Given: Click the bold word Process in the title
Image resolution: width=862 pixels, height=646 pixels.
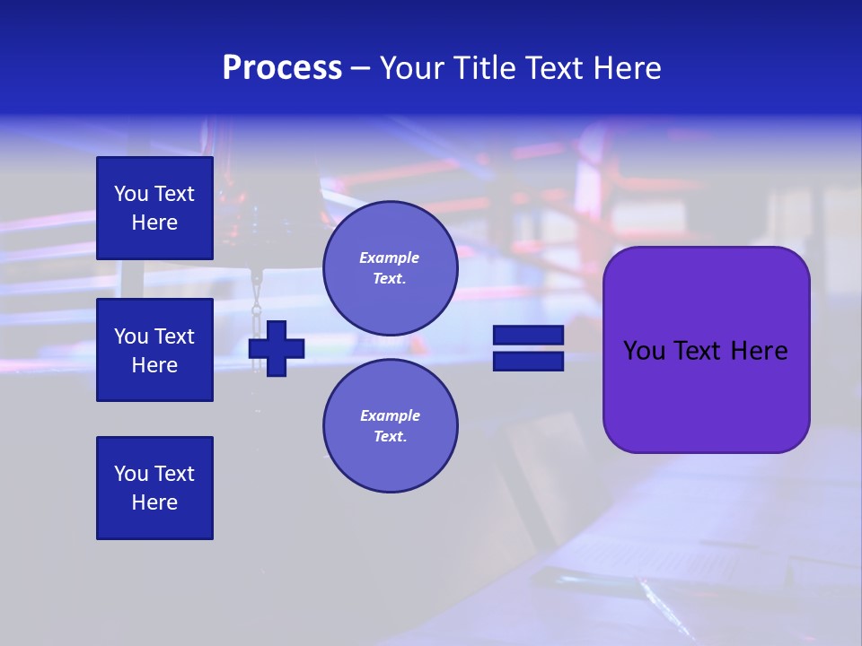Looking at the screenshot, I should (282, 68).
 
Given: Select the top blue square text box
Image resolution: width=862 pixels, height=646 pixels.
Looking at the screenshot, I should (154, 208).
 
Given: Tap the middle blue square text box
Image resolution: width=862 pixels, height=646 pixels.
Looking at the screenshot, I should (154, 350).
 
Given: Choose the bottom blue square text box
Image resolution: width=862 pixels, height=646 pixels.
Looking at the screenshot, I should (154, 488).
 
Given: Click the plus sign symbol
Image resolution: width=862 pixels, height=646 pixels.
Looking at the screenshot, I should (277, 348).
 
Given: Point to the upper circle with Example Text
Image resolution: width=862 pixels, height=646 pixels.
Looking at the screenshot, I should (390, 267).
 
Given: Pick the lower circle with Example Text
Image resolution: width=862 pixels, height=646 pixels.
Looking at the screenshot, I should (390, 425).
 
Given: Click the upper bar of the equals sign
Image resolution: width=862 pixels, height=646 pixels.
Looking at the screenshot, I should (528, 335).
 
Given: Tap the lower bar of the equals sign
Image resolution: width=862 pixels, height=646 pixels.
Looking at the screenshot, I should (528, 361).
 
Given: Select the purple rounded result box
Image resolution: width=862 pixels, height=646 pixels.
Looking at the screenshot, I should (706, 350).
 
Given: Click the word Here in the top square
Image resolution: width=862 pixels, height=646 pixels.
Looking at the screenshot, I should (154, 223).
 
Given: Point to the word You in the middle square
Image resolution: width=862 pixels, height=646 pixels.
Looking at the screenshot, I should (130, 336).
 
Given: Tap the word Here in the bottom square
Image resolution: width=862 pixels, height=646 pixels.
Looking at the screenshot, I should (154, 502).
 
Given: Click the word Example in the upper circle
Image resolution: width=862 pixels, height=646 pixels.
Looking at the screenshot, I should (390, 258).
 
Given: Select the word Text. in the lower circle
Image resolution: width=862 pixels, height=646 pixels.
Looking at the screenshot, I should (390, 437).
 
